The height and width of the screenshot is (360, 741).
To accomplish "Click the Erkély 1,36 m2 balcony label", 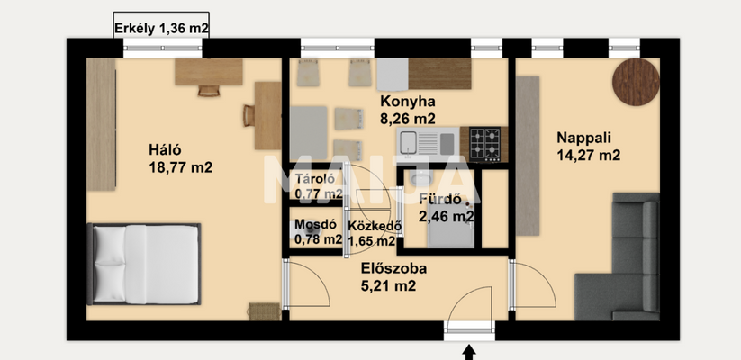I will coord(161,29).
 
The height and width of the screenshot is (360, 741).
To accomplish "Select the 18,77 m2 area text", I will coord(180,166).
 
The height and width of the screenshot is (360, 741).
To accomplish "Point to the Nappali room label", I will coord(583,138).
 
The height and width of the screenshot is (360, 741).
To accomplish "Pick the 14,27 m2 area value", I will coord(588,155).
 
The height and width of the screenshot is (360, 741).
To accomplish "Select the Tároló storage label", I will coord(316,177).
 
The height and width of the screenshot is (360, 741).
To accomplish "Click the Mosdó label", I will coord(316,224).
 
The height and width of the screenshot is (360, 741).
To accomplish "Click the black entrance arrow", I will coord(469,352).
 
